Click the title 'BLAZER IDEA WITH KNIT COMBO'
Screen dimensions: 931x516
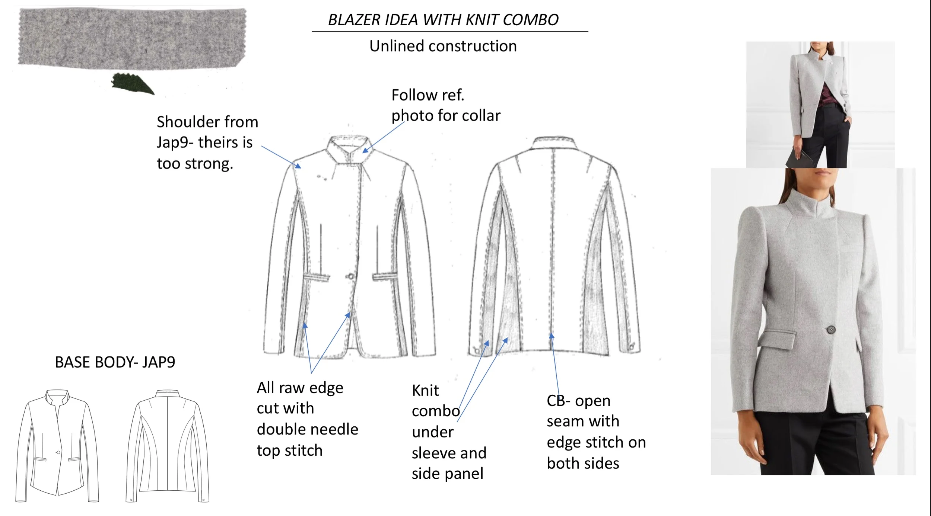click(443, 20)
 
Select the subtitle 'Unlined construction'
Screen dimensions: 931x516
click(443, 46)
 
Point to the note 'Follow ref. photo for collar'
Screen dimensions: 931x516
click(445, 105)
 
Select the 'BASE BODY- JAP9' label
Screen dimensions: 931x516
click(115, 362)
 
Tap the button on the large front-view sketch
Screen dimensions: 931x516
click(350, 276)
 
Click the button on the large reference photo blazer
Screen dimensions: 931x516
click(830, 329)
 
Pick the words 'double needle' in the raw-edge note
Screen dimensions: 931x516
click(307, 429)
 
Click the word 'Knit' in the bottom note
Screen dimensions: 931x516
click(425, 391)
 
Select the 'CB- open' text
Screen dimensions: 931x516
click(578, 401)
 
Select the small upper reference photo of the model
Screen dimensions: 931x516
click(820, 105)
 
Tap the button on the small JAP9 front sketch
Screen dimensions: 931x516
click(58, 452)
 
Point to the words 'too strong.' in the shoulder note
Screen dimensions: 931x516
click(195, 164)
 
